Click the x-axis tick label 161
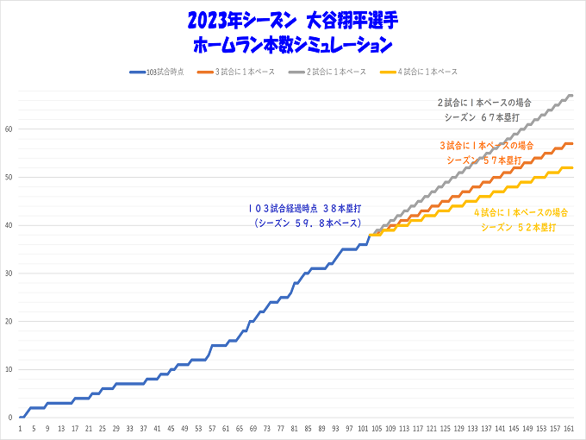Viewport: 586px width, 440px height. tap(570, 428)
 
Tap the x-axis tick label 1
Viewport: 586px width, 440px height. tap(20, 428)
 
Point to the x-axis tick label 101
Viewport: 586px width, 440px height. tap(363, 428)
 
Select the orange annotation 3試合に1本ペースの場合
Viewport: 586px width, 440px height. tap(487, 145)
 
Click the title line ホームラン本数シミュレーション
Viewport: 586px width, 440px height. tap(293, 42)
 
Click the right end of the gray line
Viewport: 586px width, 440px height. tap(572, 95)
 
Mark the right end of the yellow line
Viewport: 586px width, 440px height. tap(572, 167)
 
